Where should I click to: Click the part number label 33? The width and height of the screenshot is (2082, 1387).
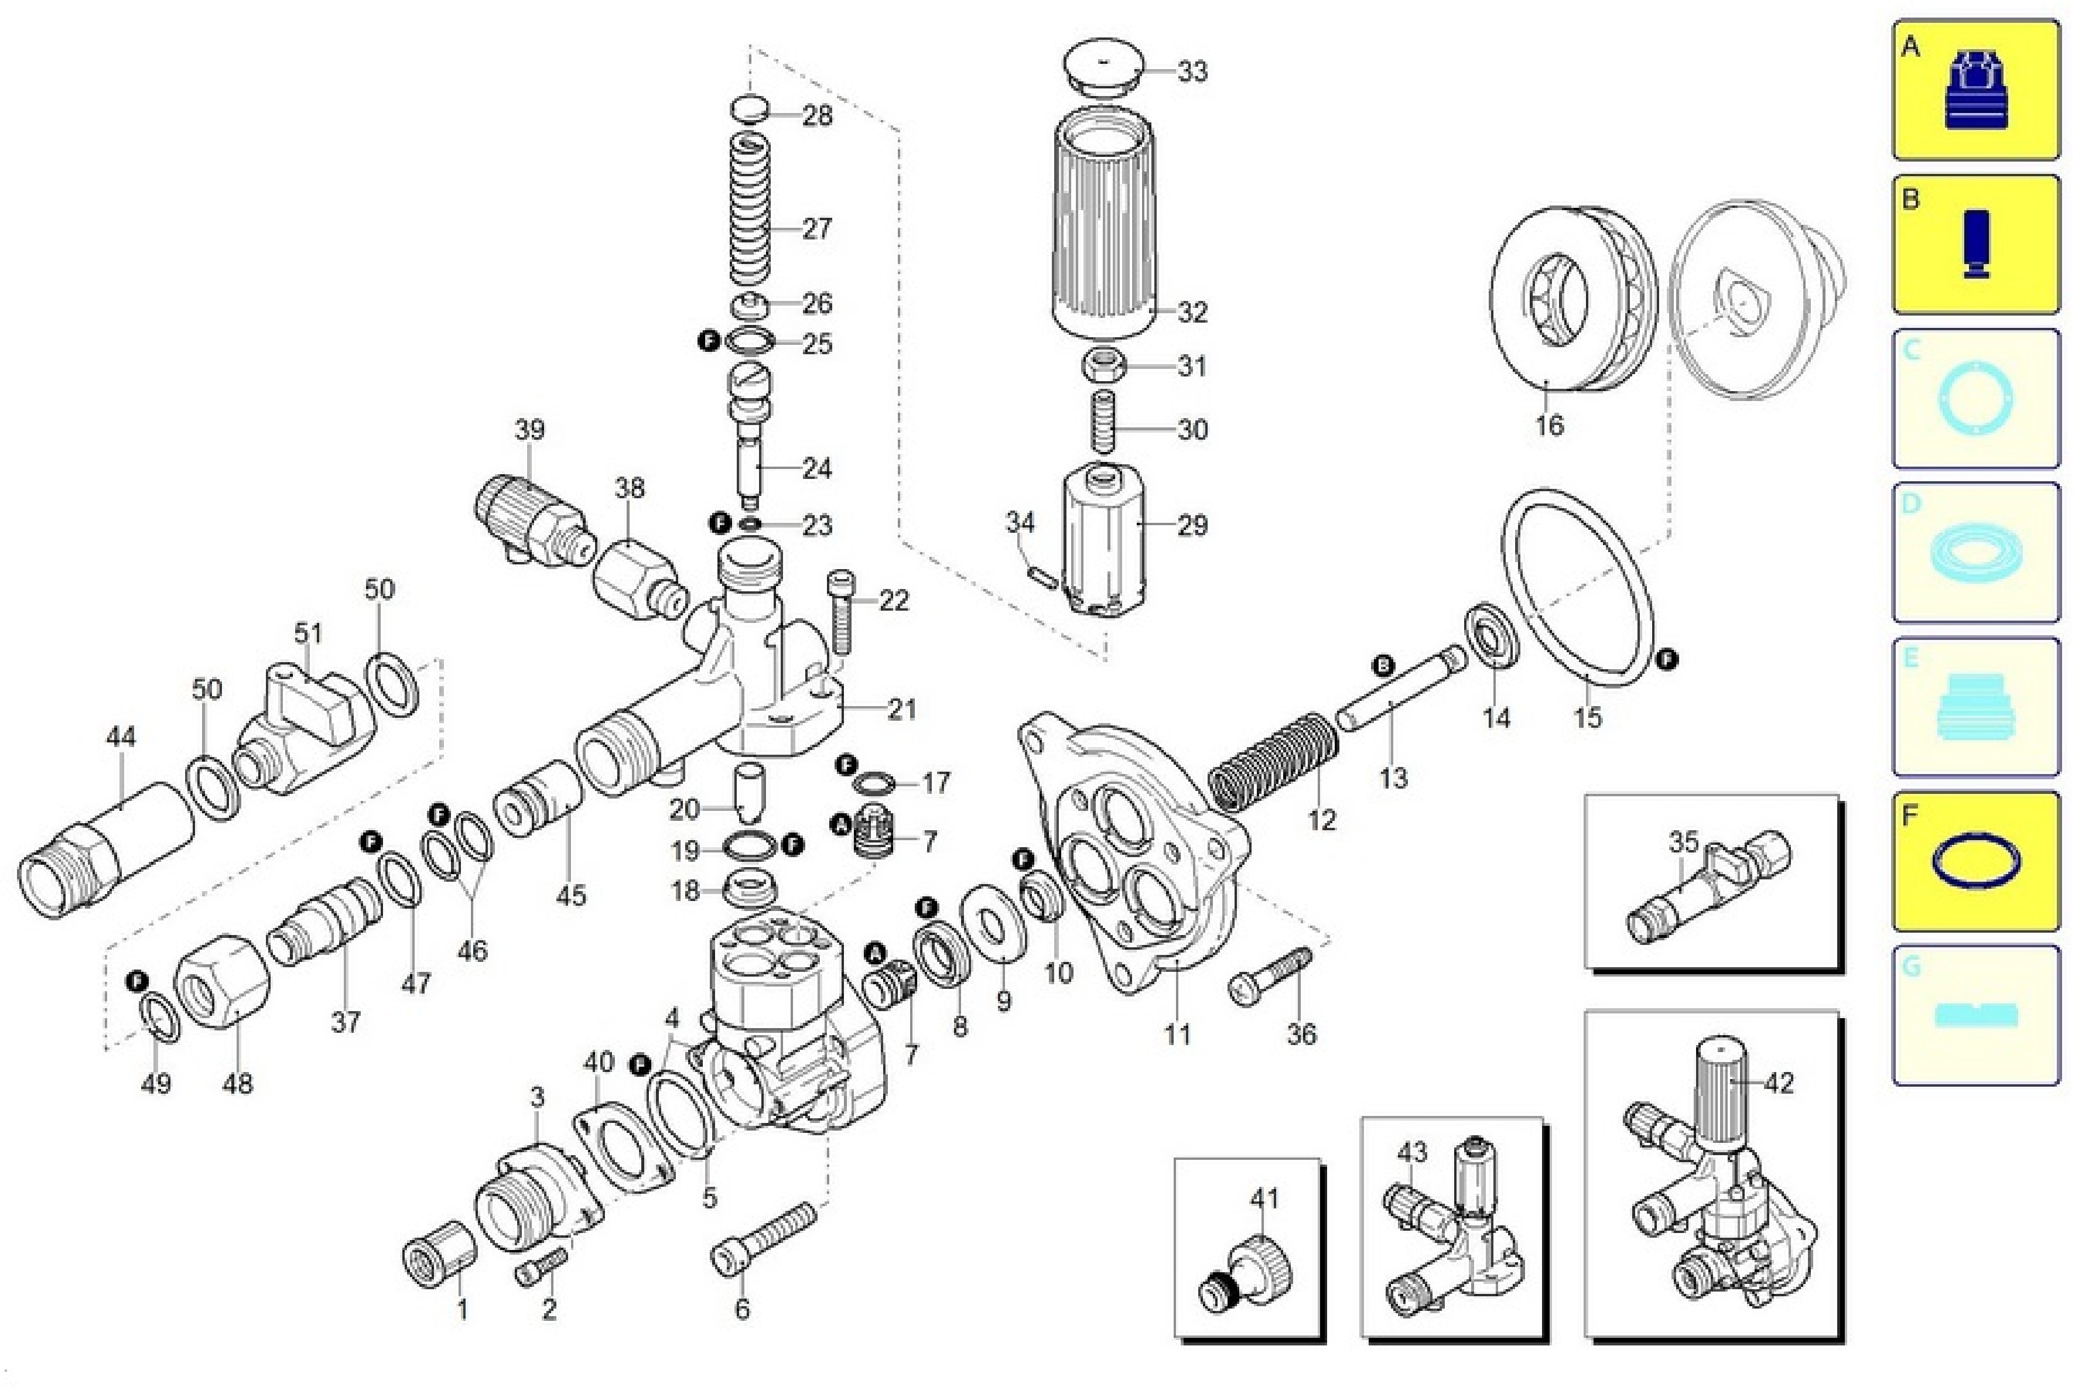coord(1192,71)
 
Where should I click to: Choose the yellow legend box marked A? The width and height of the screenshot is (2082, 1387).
coord(1975,90)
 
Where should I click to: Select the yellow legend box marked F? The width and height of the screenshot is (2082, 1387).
coord(1975,861)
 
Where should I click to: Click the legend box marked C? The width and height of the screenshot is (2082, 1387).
coord(1975,398)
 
